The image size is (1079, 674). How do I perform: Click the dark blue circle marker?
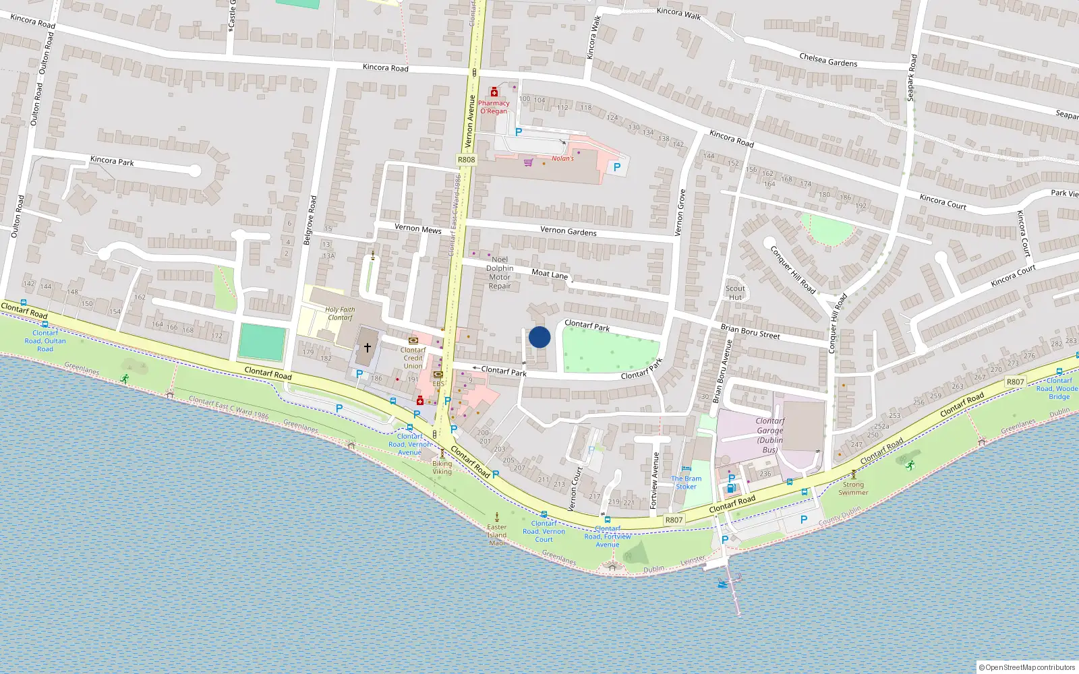point(539,337)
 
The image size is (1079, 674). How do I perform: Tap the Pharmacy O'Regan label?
point(494,107)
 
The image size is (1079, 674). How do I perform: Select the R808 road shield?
point(466,160)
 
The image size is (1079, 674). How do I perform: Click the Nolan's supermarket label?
point(562,158)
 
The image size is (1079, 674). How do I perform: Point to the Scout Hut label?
point(735,293)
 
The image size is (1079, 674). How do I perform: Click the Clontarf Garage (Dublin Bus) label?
point(769,435)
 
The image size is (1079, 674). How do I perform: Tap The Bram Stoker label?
point(686,483)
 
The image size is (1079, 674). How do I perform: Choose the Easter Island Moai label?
point(497,534)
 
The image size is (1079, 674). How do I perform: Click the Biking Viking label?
point(442,467)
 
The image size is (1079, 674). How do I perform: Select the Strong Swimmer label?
point(853,488)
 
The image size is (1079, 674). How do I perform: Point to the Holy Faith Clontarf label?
point(340,313)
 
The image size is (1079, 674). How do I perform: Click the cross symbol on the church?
point(367,348)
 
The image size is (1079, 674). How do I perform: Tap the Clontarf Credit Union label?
point(413,358)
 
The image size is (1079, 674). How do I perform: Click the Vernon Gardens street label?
point(568,231)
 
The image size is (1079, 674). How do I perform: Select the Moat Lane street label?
point(550,274)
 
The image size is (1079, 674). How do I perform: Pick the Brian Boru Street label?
point(750,331)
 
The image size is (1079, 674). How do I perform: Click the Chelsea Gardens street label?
point(828,61)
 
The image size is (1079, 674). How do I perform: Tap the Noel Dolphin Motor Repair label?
point(500,272)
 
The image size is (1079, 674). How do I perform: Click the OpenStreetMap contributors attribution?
point(1027,667)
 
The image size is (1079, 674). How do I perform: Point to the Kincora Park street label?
point(112,160)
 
